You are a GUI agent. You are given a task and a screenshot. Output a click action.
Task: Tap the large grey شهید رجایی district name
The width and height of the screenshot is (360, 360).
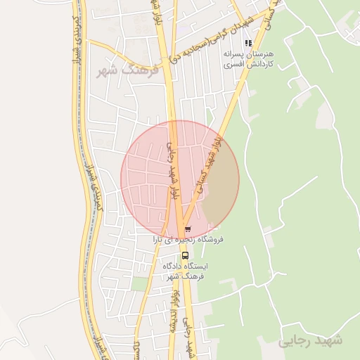pyautogui.click(x=309, y=341)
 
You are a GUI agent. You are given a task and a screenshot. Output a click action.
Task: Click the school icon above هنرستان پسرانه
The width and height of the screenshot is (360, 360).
pyautogui.click(x=247, y=43)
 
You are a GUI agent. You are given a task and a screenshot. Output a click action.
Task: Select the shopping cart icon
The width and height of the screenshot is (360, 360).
pyautogui.click(x=187, y=230)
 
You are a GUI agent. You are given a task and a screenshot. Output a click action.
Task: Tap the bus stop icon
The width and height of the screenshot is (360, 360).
pyautogui.click(x=185, y=255)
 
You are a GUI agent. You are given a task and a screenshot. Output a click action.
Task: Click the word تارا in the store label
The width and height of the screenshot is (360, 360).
pyautogui.click(x=162, y=240)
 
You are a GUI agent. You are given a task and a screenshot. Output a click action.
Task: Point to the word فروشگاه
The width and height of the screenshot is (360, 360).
pyautogui.click(x=210, y=240)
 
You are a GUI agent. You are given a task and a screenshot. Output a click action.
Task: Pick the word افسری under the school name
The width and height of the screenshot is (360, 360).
pyautogui.click(x=231, y=64)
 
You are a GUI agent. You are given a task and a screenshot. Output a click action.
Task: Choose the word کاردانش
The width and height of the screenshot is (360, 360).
pyautogui.click(x=258, y=64)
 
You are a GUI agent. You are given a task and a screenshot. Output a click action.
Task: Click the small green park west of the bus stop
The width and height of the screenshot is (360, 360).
pyautogui.click(x=141, y=283)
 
